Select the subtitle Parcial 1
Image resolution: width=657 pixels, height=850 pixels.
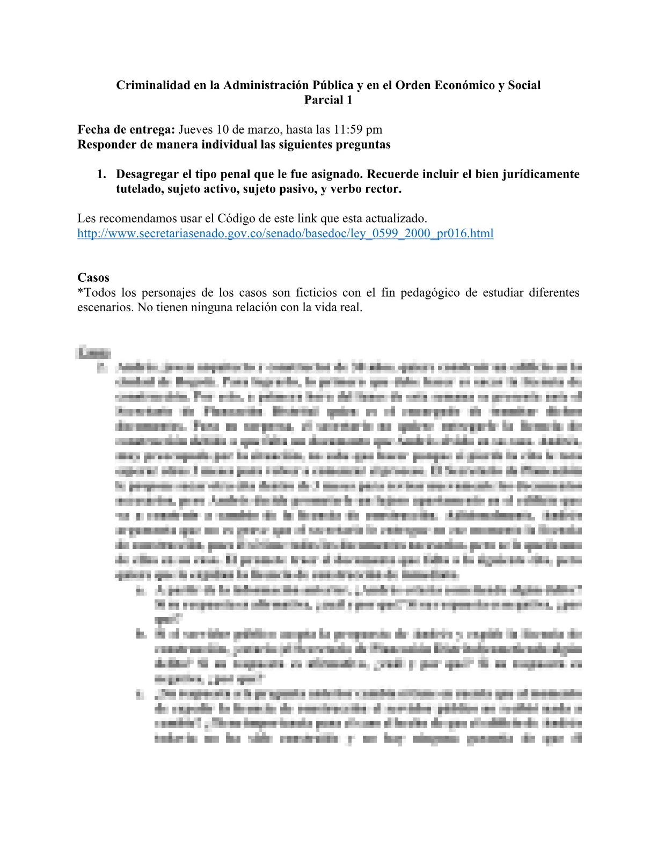pyautogui.click(x=328, y=100)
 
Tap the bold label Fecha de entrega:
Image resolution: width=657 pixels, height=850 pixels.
pyautogui.click(x=126, y=129)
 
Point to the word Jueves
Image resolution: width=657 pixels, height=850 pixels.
pyautogui.click(x=196, y=129)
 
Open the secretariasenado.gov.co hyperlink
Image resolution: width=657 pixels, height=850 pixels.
pyautogui.click(x=285, y=233)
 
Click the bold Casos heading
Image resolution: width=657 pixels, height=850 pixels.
pyautogui.click(x=93, y=277)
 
